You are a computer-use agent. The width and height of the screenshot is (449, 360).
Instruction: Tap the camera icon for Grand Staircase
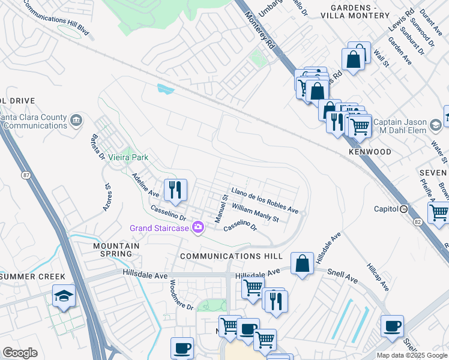[x=198, y=227]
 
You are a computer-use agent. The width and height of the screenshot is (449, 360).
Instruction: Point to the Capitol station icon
[x=404, y=209]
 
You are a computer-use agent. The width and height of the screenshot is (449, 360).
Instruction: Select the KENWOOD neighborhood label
[x=370, y=152]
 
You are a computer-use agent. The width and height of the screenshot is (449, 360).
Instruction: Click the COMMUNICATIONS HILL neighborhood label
[x=231, y=256]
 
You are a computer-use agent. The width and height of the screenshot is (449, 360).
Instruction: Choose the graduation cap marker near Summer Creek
[x=63, y=296]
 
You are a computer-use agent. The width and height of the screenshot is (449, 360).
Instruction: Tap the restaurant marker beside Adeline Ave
[x=175, y=190]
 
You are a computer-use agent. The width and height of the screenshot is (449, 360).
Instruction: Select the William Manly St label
[x=256, y=214]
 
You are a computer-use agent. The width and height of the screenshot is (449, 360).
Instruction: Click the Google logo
[x=20, y=353]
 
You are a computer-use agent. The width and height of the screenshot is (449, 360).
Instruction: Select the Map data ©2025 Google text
[x=412, y=355]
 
